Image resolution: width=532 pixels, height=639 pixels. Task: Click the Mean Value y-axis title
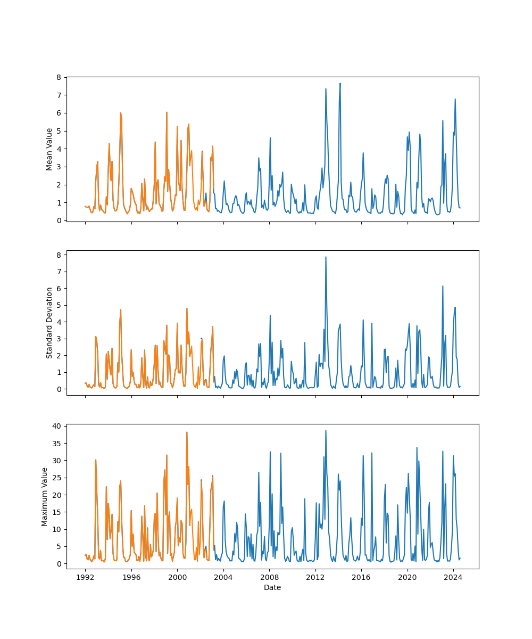click(x=49, y=149)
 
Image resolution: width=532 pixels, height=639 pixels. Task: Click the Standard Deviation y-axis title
click(x=49, y=323)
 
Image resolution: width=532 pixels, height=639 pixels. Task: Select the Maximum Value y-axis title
click(x=45, y=497)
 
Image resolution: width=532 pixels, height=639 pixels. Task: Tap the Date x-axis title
click(x=272, y=587)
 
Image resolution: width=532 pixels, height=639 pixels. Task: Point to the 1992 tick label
click(x=85, y=577)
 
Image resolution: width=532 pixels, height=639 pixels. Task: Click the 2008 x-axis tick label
click(x=269, y=577)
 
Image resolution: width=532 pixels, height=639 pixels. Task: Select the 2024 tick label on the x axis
click(x=453, y=577)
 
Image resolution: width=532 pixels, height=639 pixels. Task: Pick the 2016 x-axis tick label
click(x=361, y=577)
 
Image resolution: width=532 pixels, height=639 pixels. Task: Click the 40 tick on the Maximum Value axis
click(x=56, y=426)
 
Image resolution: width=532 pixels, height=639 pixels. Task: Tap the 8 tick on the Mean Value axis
click(x=59, y=77)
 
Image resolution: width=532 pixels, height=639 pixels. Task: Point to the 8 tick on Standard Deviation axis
click(x=59, y=255)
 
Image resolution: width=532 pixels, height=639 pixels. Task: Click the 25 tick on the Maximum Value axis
click(x=56, y=478)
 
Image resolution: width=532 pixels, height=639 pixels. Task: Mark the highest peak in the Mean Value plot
click(x=340, y=83)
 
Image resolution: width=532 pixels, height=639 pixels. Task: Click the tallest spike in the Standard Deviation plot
click(x=326, y=257)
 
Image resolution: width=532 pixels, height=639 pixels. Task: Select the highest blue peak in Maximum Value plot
click(x=326, y=430)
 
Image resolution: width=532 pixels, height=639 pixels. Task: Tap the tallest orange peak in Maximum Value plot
click(x=187, y=432)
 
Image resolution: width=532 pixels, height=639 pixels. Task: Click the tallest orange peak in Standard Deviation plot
click(x=187, y=308)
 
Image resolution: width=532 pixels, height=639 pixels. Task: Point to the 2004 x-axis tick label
click(x=223, y=577)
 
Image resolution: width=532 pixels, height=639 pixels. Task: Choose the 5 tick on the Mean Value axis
click(x=59, y=131)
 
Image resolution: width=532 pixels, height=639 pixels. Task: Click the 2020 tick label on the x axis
click(x=408, y=577)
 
